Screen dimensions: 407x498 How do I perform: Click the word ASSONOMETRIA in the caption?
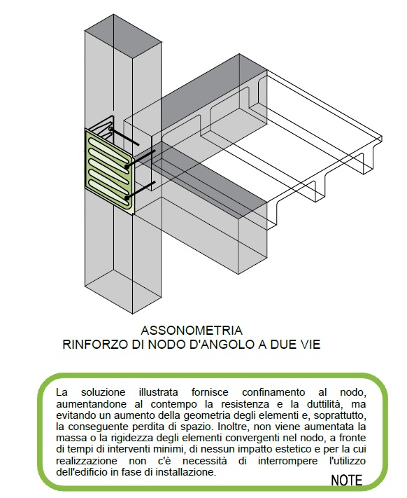pyautogui.click(x=192, y=331)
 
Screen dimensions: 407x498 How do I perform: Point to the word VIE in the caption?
pyautogui.click(x=307, y=345)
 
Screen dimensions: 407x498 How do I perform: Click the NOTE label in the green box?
pyautogui.click(x=346, y=480)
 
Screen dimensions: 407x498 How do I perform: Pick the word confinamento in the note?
pyautogui.click(x=273, y=392)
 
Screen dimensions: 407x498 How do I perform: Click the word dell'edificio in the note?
pyautogui.click(x=82, y=472)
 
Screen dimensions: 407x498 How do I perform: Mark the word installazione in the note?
pyautogui.click(x=185, y=472)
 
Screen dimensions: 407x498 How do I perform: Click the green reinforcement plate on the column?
pyautogui.click(x=109, y=170)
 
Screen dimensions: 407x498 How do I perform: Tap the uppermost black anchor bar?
pyautogui.click(x=124, y=137)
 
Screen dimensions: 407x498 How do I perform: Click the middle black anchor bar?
pyautogui.click(x=141, y=159)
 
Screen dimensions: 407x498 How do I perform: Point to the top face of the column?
pyautogui.click(x=123, y=36)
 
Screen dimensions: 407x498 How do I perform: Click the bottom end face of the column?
pyautogui.click(x=123, y=291)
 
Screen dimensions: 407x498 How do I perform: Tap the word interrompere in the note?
pyautogui.click(x=287, y=461)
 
